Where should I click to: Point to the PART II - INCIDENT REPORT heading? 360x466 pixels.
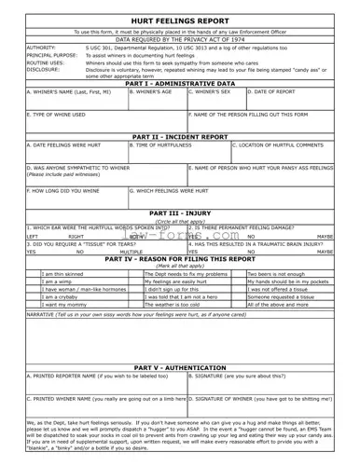coord(180,136)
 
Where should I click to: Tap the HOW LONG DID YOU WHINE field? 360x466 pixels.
coord(76,197)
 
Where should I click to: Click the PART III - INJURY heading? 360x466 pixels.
coord(180,212)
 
